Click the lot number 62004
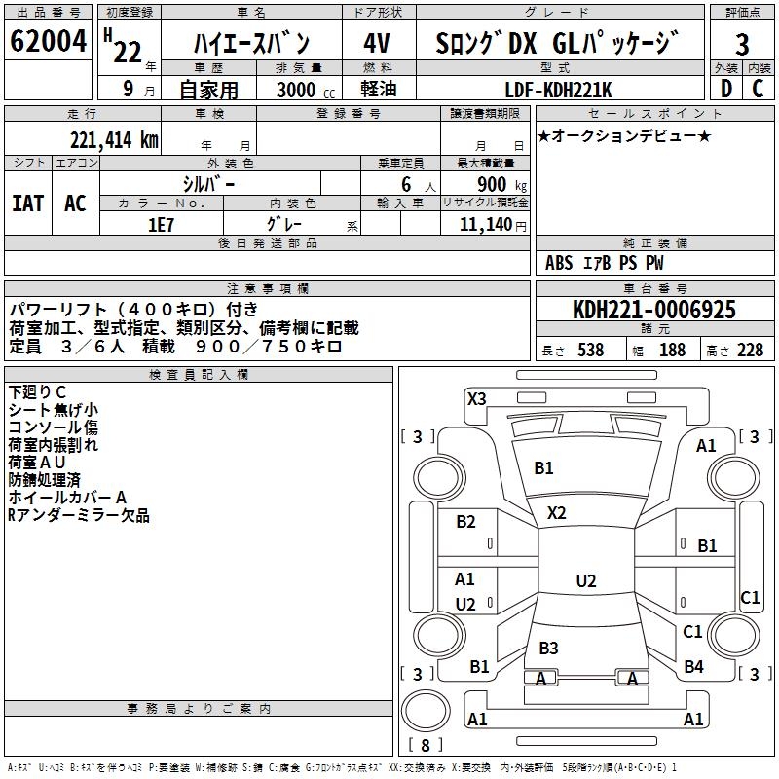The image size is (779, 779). point(49,43)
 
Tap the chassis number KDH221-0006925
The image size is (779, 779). point(654,310)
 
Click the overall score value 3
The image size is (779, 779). point(742,44)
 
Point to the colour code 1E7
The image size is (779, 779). point(162,224)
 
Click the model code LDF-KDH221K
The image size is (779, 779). point(559,90)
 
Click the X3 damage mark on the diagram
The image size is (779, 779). point(476,398)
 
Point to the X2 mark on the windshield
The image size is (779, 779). point(556,512)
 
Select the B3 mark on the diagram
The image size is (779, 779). point(548,648)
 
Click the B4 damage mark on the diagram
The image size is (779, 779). point(693,667)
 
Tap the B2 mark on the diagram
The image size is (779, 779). point(465,522)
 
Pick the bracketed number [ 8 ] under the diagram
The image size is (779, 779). point(426,746)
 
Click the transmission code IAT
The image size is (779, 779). point(28,203)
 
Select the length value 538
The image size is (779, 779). point(590,351)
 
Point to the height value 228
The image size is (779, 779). point(750,351)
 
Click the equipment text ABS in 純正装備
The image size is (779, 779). point(559,263)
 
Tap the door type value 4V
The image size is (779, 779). point(379,44)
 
